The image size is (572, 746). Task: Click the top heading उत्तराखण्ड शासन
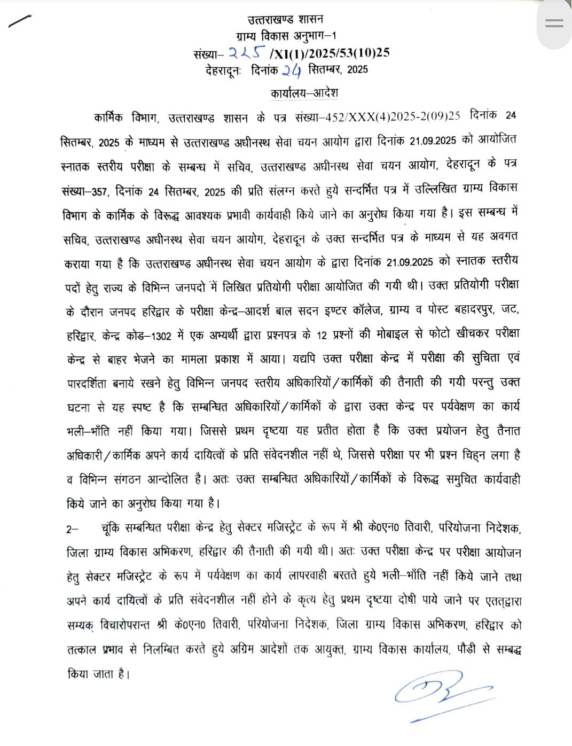click(x=285, y=20)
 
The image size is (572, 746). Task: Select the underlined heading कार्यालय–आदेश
click(x=304, y=92)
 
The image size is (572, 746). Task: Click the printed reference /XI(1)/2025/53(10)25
click(x=330, y=52)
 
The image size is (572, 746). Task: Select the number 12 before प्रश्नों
click(x=322, y=333)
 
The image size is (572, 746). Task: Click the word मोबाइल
click(x=395, y=333)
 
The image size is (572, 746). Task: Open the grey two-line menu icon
click(x=554, y=23)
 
